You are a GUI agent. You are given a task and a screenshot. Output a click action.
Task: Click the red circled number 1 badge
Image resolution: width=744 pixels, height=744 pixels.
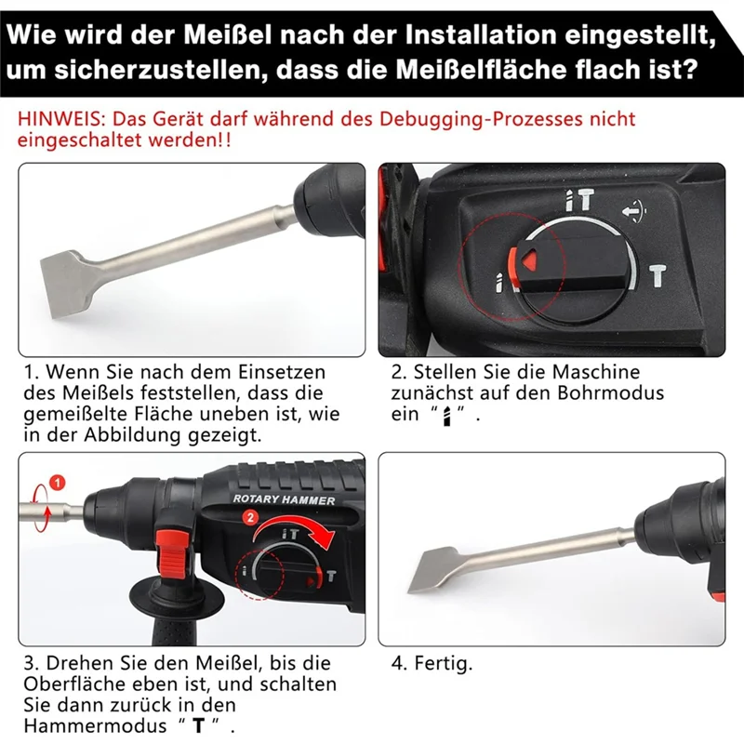pos(58,482)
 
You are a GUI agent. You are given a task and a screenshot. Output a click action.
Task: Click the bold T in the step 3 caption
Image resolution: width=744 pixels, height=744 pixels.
pos(197,725)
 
